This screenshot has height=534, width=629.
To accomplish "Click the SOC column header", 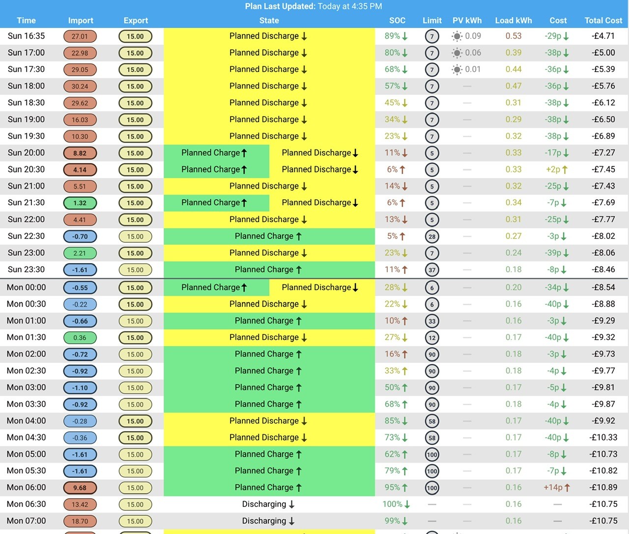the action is [397, 20].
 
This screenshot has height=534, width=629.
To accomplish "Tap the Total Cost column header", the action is [603, 20].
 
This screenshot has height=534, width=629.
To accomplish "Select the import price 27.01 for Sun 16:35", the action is [80, 36].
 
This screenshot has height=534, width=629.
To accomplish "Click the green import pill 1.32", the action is [80, 203].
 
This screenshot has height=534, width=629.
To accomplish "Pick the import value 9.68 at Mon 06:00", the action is [80, 488].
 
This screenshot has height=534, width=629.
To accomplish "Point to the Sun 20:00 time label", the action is [26, 152].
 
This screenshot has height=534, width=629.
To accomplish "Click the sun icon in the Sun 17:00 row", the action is [457, 53].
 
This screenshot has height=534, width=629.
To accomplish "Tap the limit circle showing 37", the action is [432, 270].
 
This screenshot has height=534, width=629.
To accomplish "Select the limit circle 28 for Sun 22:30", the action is [432, 237].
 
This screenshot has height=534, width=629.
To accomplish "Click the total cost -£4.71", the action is [603, 36].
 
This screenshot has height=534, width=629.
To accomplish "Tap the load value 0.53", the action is [514, 36].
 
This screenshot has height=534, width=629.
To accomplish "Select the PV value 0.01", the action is [473, 69].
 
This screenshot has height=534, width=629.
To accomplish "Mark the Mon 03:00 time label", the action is [26, 387].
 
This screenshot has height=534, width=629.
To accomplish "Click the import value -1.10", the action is [80, 388].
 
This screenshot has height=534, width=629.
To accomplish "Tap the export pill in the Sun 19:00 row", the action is [135, 119].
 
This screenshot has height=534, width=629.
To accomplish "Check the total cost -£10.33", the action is [603, 438].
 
